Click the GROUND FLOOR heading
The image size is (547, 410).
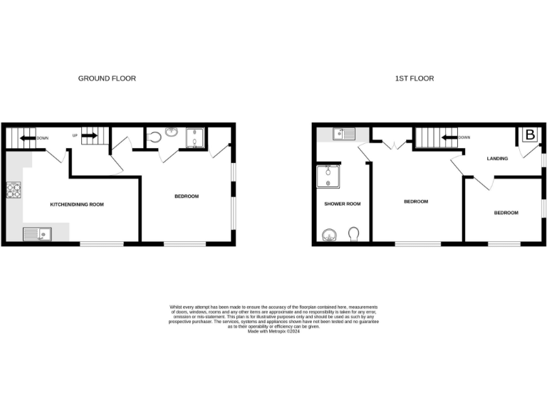tap(107, 78)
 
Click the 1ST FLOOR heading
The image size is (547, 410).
tap(414, 78)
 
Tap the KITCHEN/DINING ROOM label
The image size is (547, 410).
tap(77, 204)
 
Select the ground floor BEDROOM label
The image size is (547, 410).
tap(186, 196)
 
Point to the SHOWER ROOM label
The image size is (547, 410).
tap(342, 204)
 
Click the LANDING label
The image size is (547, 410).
tap(497, 158)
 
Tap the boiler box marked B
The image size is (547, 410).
tap(530, 135)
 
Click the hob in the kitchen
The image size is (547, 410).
tap(14, 190)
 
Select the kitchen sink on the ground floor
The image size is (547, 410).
tap(36, 233)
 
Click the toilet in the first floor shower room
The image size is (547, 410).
tap(354, 234)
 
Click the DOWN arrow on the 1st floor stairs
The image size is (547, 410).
tap(448, 137)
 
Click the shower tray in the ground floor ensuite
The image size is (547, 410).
tap(195, 137)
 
